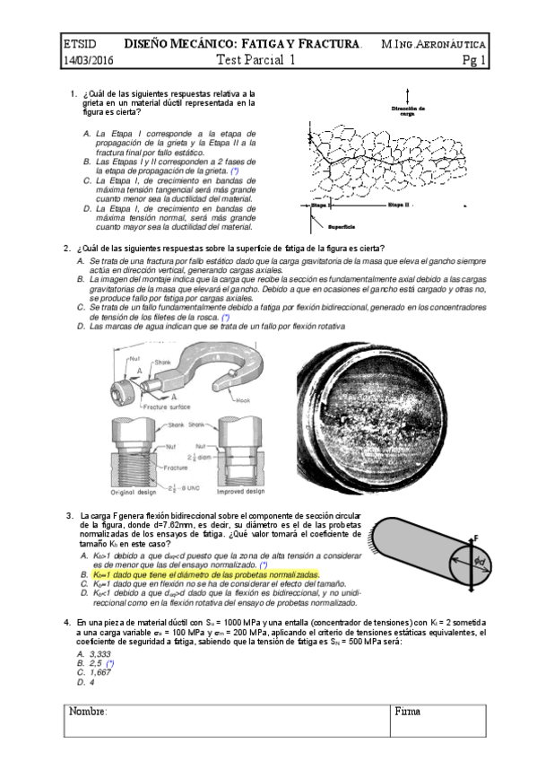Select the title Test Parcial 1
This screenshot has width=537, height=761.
(256, 61)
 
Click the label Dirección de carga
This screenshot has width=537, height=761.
(409, 111)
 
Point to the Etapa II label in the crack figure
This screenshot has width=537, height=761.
(398, 206)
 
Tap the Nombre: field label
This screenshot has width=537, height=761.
(88, 711)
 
